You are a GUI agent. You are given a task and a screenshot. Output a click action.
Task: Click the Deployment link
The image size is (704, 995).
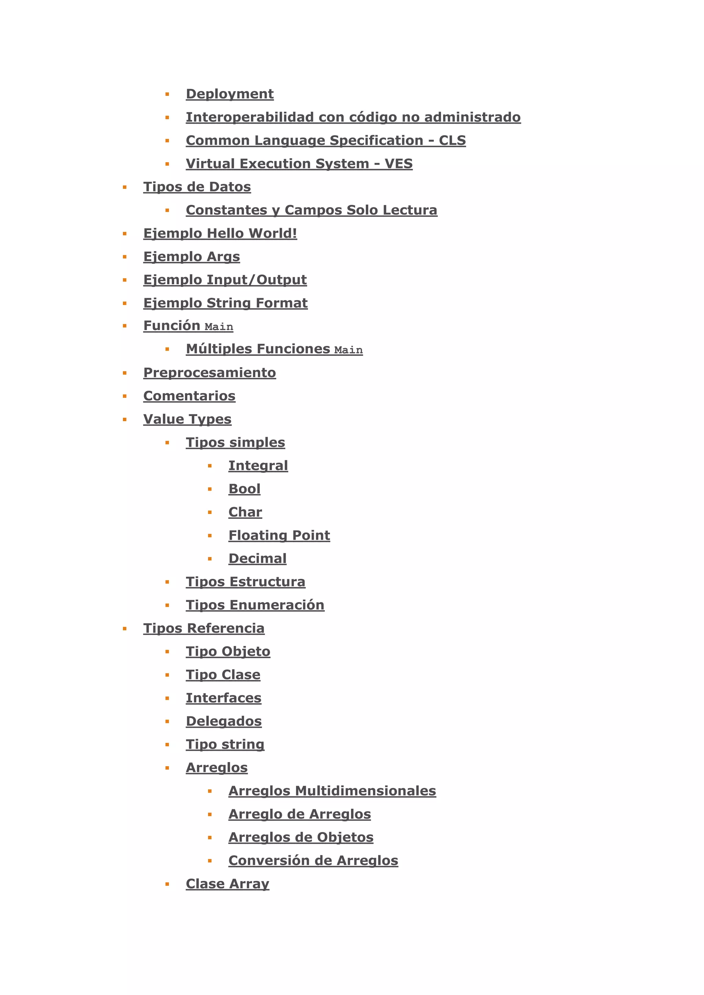(229, 94)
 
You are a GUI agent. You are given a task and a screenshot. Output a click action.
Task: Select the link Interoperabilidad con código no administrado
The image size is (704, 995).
(353, 118)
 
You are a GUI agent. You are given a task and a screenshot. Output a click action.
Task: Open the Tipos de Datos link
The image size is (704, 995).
(197, 187)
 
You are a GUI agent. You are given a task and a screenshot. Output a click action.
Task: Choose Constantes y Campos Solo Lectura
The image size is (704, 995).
(311, 210)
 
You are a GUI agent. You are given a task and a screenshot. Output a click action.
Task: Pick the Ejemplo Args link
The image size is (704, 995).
(191, 257)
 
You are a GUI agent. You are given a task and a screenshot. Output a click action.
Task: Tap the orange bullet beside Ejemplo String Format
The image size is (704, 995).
(125, 303)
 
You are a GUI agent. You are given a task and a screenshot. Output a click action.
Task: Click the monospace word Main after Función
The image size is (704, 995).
(219, 327)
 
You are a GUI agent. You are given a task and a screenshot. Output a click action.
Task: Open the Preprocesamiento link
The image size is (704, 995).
(209, 373)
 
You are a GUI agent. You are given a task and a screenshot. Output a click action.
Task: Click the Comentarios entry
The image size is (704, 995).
(189, 396)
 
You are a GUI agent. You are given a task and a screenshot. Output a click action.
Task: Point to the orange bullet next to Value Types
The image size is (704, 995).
(125, 420)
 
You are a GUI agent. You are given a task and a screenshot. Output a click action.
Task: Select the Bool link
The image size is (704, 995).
(244, 489)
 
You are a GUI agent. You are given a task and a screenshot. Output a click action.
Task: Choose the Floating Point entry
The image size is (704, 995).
(279, 536)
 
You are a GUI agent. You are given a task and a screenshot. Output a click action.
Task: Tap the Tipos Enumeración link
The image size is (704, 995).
(255, 605)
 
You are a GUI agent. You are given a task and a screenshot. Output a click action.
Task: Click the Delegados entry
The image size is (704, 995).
(224, 721)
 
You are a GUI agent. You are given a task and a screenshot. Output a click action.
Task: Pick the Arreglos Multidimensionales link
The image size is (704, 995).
(332, 791)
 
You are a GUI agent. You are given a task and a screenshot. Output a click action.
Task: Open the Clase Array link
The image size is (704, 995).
(227, 884)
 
